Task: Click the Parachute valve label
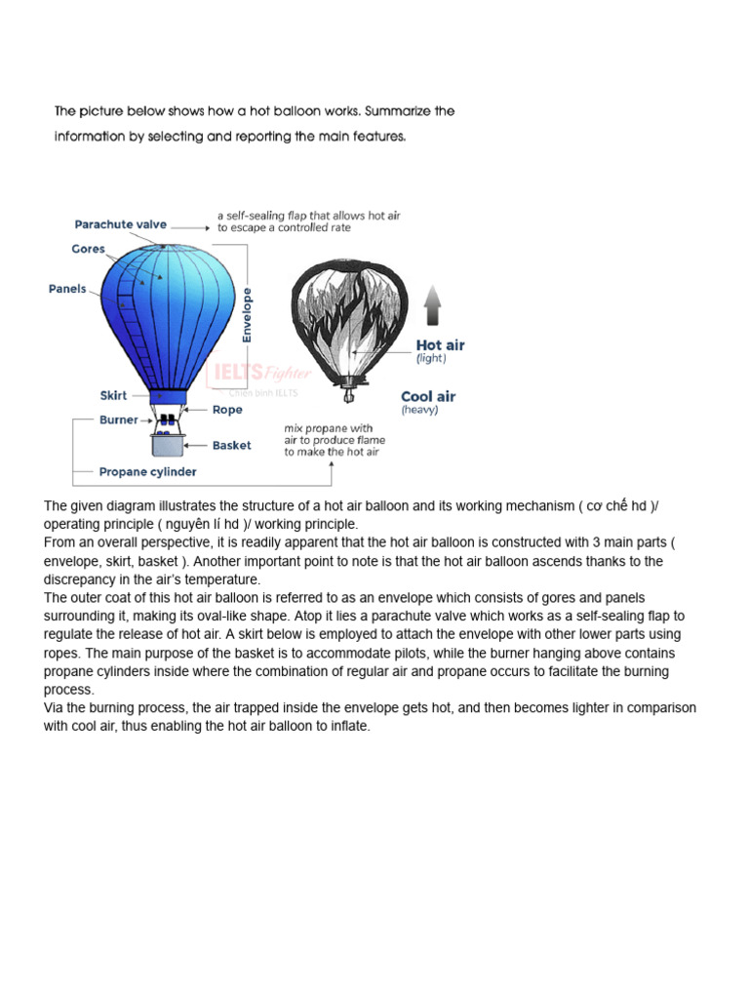[121, 224]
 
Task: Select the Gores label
[88, 249]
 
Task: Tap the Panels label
[67, 289]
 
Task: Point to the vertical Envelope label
[248, 313]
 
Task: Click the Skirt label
[113, 396]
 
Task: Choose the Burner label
[118, 420]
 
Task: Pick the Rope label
[227, 410]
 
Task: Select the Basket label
[231, 445]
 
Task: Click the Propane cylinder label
[147, 472]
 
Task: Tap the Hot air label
[440, 345]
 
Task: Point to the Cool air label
[428, 397]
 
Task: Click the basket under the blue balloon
[168, 444]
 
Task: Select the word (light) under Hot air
[431, 359]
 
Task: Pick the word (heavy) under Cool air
[420, 411]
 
